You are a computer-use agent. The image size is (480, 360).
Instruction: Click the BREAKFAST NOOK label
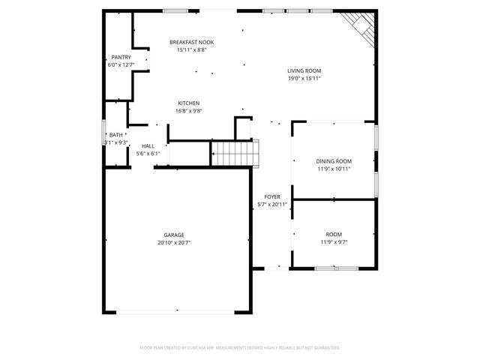coord(190,43)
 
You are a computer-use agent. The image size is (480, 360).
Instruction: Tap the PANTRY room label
coord(121,57)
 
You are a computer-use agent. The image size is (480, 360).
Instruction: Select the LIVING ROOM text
coord(304,71)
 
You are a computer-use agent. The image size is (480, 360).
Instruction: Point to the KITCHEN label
coord(188,103)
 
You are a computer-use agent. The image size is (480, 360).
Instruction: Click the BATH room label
coord(116,135)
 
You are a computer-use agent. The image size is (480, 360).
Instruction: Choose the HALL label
coord(148,146)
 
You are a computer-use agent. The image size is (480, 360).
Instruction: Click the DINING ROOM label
coord(333,161)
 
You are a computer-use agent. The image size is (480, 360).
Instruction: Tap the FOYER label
coord(271,196)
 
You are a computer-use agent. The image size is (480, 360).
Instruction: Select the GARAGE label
coord(174,235)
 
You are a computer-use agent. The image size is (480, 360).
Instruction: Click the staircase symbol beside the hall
coord(235,154)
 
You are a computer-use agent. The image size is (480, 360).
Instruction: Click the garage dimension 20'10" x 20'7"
coord(174,242)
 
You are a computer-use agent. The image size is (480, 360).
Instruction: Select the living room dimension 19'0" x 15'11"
coord(304,79)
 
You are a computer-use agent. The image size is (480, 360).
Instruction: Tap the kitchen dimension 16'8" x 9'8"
coord(188,110)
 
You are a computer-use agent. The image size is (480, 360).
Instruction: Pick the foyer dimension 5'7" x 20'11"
coord(271,204)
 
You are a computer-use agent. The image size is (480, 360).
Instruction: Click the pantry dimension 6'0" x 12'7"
coord(121,64)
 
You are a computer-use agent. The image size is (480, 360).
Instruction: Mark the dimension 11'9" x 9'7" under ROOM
coord(333,241)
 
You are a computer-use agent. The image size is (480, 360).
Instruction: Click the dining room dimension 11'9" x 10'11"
coord(333,169)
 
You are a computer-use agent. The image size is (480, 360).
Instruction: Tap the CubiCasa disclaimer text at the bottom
coord(240,347)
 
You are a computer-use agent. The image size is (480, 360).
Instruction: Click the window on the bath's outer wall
coord(103,135)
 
